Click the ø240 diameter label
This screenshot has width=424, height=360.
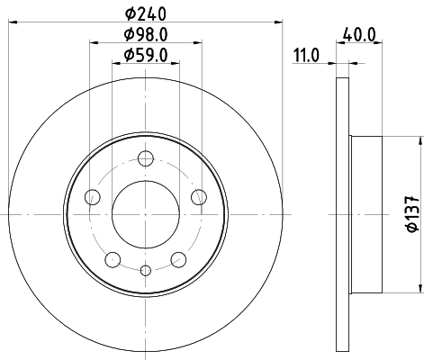pyautogui.click(x=145, y=13)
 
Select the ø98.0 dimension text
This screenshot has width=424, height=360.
pyautogui.click(x=145, y=35)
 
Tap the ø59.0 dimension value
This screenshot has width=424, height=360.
pyautogui.click(x=145, y=56)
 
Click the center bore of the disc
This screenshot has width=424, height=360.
pyautogui.click(x=145, y=214)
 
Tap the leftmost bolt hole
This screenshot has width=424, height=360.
pyautogui.click(x=92, y=198)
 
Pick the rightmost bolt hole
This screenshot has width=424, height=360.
pyautogui.click(x=198, y=198)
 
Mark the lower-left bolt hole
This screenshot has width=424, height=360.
pyautogui.click(x=113, y=259)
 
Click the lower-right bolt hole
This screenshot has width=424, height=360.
pyautogui.click(x=177, y=259)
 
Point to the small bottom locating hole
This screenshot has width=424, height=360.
pyautogui.click(x=145, y=269)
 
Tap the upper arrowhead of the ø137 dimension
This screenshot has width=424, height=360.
pyautogui.click(x=419, y=140)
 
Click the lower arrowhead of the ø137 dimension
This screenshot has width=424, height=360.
pyautogui.click(x=419, y=288)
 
